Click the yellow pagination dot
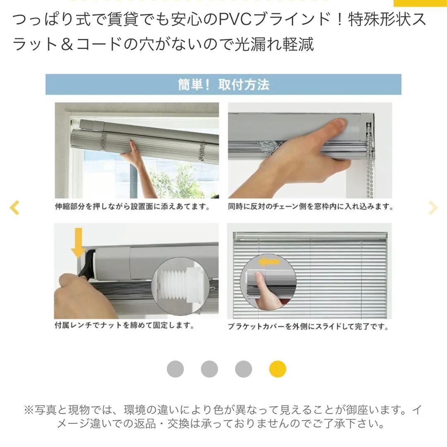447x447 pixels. tap(277, 369)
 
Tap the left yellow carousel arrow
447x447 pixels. tap(14, 207)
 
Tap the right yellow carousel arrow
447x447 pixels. tap(433, 207)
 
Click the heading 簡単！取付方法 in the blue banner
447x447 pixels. tap(223, 85)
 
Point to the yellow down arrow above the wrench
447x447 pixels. tap(78, 242)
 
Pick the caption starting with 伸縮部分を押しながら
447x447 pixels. tap(132, 207)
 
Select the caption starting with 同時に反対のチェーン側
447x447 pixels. tap(310, 207)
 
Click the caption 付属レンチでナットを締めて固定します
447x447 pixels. tap(125, 325)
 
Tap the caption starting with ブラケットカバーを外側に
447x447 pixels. tap(308, 327)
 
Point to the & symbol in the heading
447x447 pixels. tap(67, 44)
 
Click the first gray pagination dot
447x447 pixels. tap(175, 369)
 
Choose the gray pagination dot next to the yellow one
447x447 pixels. tap(243, 369)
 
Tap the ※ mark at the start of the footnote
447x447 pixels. tap(29, 410)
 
